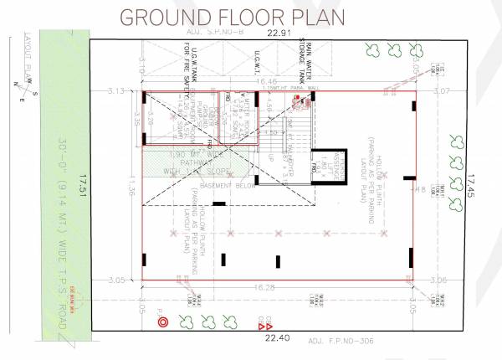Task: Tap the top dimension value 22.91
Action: pos(278,33)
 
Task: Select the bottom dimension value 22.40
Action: pos(276,337)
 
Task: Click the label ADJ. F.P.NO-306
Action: pos(343,341)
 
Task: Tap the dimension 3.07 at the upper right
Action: pos(442,90)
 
